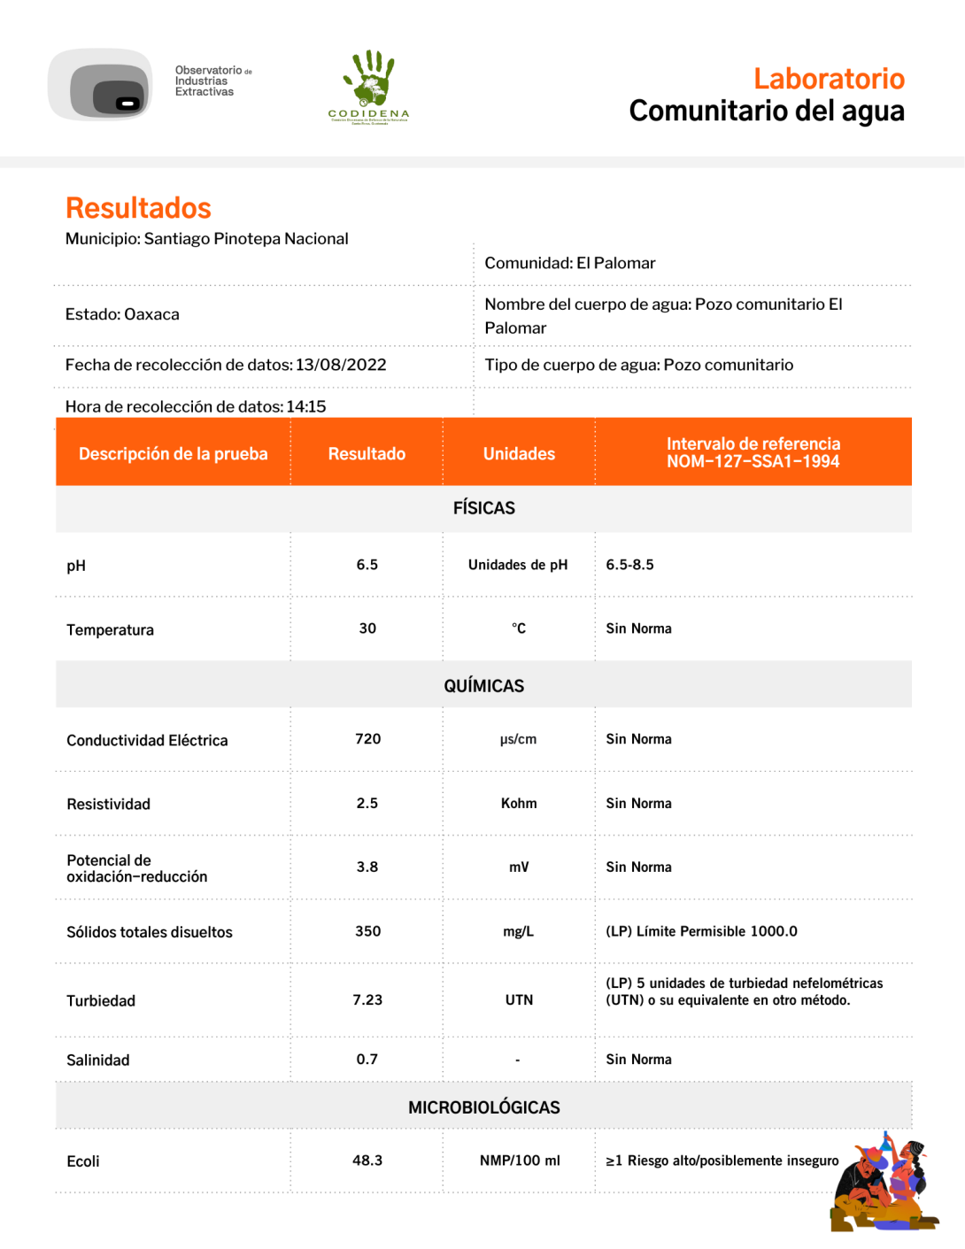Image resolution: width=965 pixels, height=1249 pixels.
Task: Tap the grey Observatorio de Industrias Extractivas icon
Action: (x=101, y=86)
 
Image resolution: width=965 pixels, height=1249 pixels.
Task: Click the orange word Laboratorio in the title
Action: (x=828, y=79)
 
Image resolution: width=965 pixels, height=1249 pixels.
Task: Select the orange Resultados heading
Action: (x=138, y=208)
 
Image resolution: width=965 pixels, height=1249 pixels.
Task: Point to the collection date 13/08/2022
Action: (x=341, y=365)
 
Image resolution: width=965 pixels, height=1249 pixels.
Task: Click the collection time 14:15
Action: (x=306, y=406)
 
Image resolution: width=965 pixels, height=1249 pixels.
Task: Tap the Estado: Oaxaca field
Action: (x=122, y=314)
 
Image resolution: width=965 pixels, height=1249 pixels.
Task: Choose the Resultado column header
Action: (x=367, y=453)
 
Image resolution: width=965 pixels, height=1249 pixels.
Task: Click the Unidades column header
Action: (x=519, y=453)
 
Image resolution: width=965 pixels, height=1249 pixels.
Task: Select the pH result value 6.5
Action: (x=367, y=565)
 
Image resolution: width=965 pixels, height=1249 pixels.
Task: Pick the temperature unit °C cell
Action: (x=519, y=628)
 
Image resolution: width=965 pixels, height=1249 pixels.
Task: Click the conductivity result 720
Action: (x=367, y=739)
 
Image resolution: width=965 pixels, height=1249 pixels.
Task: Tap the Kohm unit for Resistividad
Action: (x=519, y=803)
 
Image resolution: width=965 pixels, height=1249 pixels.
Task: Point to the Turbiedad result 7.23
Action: (x=367, y=999)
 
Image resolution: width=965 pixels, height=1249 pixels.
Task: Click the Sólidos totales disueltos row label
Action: (x=150, y=932)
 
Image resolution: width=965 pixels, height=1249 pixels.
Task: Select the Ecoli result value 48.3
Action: (x=367, y=1160)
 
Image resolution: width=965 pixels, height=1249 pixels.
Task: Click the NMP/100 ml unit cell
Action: (x=520, y=1160)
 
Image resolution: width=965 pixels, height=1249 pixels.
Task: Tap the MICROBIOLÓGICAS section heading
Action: (x=483, y=1107)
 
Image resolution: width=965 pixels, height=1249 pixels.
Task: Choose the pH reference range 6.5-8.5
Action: (x=629, y=565)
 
